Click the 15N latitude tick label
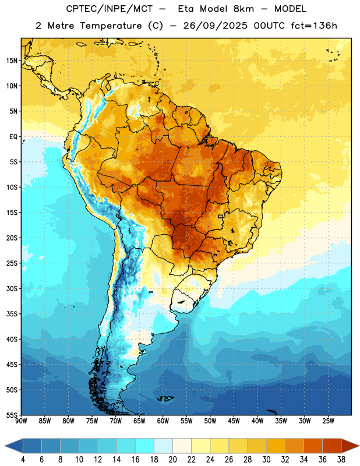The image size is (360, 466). (12, 61)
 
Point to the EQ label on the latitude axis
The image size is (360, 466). (13, 137)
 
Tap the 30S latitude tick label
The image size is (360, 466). (12, 288)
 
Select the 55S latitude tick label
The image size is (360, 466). (12, 415)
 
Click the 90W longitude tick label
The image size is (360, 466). (22, 421)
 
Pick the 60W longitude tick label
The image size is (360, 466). (163, 421)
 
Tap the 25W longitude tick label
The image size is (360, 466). (328, 421)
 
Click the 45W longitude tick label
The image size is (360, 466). (234, 421)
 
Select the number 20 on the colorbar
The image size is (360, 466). (172, 460)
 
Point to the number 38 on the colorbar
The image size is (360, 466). (341, 460)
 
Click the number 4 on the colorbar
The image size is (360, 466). (23, 460)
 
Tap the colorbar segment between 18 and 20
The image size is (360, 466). (163, 446)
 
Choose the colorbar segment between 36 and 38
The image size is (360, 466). (332, 446)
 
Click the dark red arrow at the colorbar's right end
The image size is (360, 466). (349, 446)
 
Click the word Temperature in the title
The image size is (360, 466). (111, 26)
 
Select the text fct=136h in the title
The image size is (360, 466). (314, 26)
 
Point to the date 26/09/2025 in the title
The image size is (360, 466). (215, 26)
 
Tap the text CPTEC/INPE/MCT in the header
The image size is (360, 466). (109, 9)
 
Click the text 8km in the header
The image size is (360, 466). (243, 9)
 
